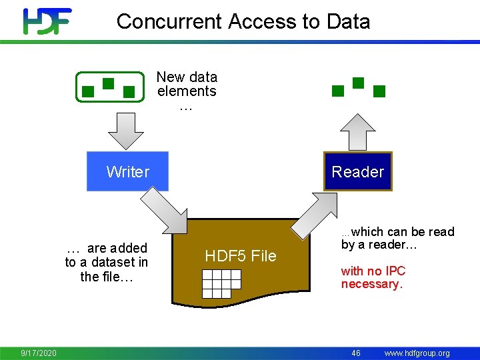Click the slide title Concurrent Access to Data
(243, 21)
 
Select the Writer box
(128, 171)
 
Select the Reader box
(358, 171)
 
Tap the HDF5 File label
(240, 256)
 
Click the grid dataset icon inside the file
(221, 283)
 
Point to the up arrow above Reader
(359, 131)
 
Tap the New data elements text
(187, 91)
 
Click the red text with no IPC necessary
(373, 277)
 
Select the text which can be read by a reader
(397, 238)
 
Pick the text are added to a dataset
(107, 263)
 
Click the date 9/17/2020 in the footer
(39, 353)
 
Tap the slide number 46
(356, 353)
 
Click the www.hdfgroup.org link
(417, 353)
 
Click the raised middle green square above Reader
(358, 83)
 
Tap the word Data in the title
(348, 21)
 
